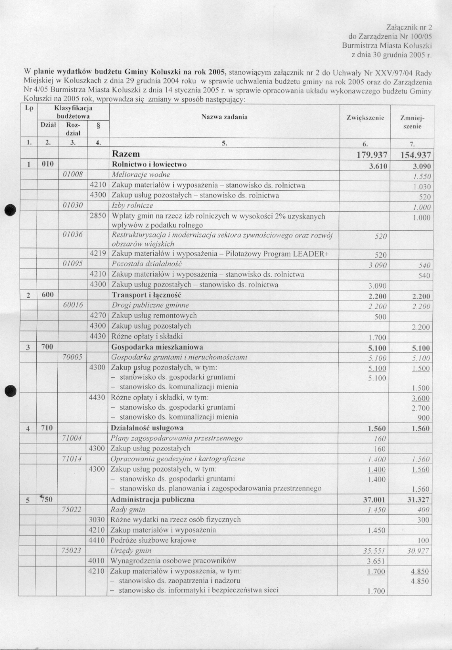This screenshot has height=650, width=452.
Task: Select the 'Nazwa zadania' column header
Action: click(x=224, y=117)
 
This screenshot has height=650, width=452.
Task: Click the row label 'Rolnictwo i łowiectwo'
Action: click(x=149, y=165)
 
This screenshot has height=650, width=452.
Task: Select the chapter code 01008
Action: click(x=73, y=175)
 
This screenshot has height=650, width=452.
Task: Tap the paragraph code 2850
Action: click(x=98, y=216)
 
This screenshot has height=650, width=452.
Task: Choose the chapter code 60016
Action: click(x=73, y=305)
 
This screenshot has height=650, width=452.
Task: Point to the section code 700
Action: click(x=47, y=347)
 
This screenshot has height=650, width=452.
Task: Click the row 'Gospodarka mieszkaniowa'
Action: click(x=157, y=347)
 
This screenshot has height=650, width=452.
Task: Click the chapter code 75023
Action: click(x=72, y=550)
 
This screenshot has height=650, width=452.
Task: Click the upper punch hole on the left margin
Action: click(x=9, y=210)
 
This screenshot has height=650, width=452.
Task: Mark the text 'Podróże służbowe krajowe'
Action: click(x=153, y=540)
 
